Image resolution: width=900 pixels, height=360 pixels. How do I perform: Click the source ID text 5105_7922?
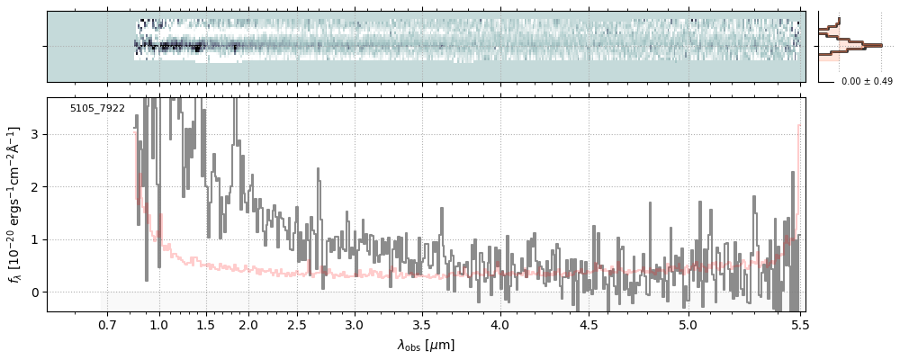click(x=97, y=109)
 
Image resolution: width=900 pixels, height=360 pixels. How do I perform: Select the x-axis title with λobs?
click(x=426, y=346)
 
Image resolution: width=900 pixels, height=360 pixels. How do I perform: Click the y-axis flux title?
click(x=13, y=204)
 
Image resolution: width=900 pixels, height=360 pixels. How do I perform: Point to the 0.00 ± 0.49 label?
click(x=865, y=82)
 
